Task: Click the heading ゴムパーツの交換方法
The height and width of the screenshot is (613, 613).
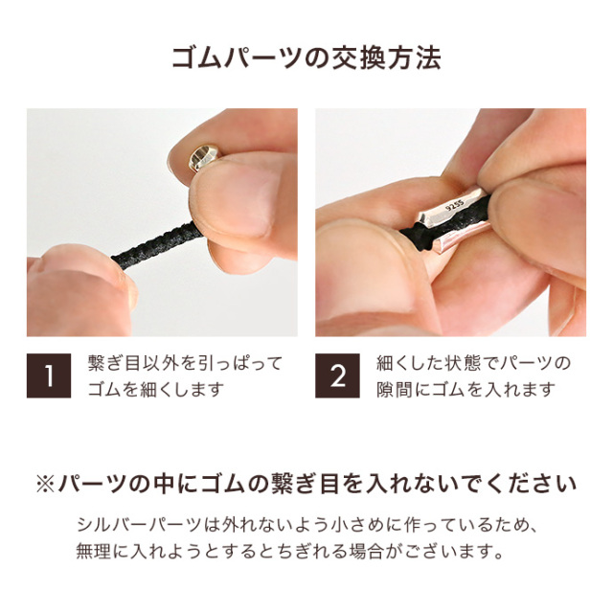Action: (306, 58)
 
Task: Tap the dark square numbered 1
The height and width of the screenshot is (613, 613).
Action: (49, 375)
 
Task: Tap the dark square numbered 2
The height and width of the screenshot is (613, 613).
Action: (337, 375)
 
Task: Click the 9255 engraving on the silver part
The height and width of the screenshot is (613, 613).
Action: (455, 205)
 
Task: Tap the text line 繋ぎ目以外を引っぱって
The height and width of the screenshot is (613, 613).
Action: (185, 364)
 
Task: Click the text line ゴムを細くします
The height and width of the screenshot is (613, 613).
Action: (156, 390)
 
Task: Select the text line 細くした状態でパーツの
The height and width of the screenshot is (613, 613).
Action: (474, 364)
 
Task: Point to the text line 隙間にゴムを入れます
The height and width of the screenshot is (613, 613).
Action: (466, 390)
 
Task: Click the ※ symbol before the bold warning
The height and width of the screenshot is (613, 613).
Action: (45, 484)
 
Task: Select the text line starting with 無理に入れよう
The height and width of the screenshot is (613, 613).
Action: (289, 552)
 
